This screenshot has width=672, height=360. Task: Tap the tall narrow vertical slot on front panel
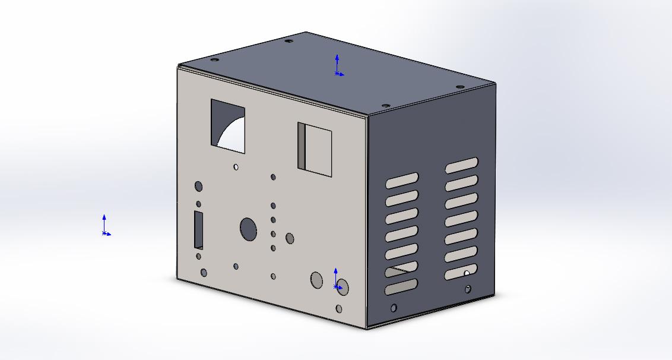(198, 229)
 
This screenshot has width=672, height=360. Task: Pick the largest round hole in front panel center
(248, 228)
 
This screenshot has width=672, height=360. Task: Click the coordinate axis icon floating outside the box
(104, 226)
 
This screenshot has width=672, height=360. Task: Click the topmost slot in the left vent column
(402, 180)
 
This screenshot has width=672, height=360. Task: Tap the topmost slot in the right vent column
(462, 165)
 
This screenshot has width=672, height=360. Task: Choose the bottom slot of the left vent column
(402, 288)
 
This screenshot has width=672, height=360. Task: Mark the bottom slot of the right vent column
(462, 272)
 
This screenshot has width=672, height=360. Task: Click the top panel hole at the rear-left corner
(289, 41)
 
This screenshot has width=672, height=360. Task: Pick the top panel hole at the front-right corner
(385, 105)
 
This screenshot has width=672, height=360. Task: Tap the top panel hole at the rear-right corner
(459, 87)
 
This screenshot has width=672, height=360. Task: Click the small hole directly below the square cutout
(236, 167)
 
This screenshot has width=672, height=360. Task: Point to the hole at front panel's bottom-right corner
(339, 309)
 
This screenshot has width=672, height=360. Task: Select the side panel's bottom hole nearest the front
(394, 308)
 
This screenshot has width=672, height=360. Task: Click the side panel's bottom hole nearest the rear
(468, 289)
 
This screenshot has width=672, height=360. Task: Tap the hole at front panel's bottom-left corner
(204, 273)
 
